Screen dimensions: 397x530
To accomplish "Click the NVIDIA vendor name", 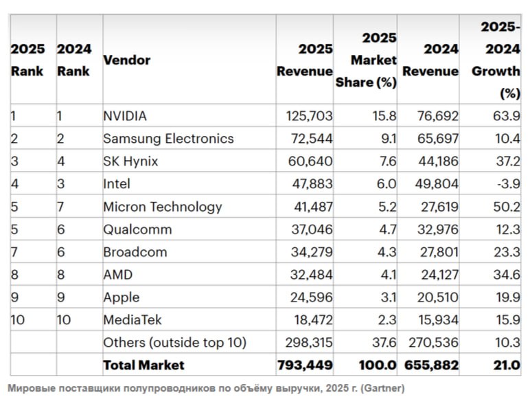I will tap(125, 116).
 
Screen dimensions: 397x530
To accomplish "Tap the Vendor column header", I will tap(126, 60).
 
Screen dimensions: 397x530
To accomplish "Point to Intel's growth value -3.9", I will tap(507, 184).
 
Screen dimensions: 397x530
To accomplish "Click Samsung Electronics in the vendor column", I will tap(168, 139).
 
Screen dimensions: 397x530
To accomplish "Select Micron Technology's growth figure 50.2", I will tap(507, 207).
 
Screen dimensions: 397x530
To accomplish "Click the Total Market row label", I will tap(143, 365).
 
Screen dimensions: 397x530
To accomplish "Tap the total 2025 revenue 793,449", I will tap(305, 365).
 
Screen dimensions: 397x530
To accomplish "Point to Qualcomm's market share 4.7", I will tap(387, 229).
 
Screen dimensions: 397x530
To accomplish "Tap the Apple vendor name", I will tap(121, 297).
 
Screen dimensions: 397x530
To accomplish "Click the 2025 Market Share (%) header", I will tap(366, 60).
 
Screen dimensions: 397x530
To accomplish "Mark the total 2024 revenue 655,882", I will tap(430, 365).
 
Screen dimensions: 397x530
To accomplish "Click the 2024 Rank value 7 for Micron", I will tap(60, 207).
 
